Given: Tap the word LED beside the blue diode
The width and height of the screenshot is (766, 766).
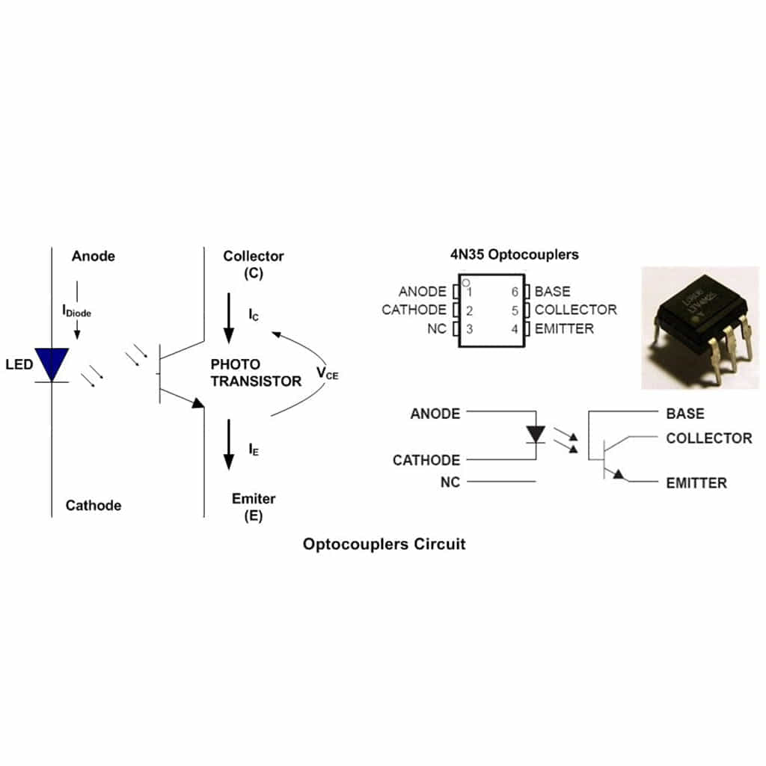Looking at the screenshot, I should (19, 365).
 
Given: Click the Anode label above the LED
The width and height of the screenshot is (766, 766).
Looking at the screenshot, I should (94, 257).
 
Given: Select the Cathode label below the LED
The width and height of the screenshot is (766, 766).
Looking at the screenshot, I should (94, 506).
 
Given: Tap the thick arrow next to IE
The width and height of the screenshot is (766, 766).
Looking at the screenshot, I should (229, 445).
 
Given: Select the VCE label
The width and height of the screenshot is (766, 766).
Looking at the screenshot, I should (327, 373).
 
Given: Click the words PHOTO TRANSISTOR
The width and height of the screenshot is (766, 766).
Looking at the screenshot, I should (256, 373).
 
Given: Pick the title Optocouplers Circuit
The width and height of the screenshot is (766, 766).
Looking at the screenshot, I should (384, 544).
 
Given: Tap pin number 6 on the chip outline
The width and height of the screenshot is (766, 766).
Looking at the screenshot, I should (515, 292).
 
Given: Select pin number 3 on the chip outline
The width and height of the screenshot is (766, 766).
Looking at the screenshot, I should (470, 328).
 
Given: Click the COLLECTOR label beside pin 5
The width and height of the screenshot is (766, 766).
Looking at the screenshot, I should (575, 310).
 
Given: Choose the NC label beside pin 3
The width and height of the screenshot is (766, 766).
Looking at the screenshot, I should (437, 328).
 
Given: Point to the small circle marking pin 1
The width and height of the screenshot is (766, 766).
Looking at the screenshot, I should (465, 284).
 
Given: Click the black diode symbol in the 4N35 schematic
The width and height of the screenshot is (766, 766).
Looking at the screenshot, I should (536, 435).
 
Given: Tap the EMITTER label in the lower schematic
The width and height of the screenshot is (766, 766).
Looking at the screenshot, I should (696, 483).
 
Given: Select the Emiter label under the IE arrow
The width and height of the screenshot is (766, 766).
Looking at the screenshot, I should (254, 499).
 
